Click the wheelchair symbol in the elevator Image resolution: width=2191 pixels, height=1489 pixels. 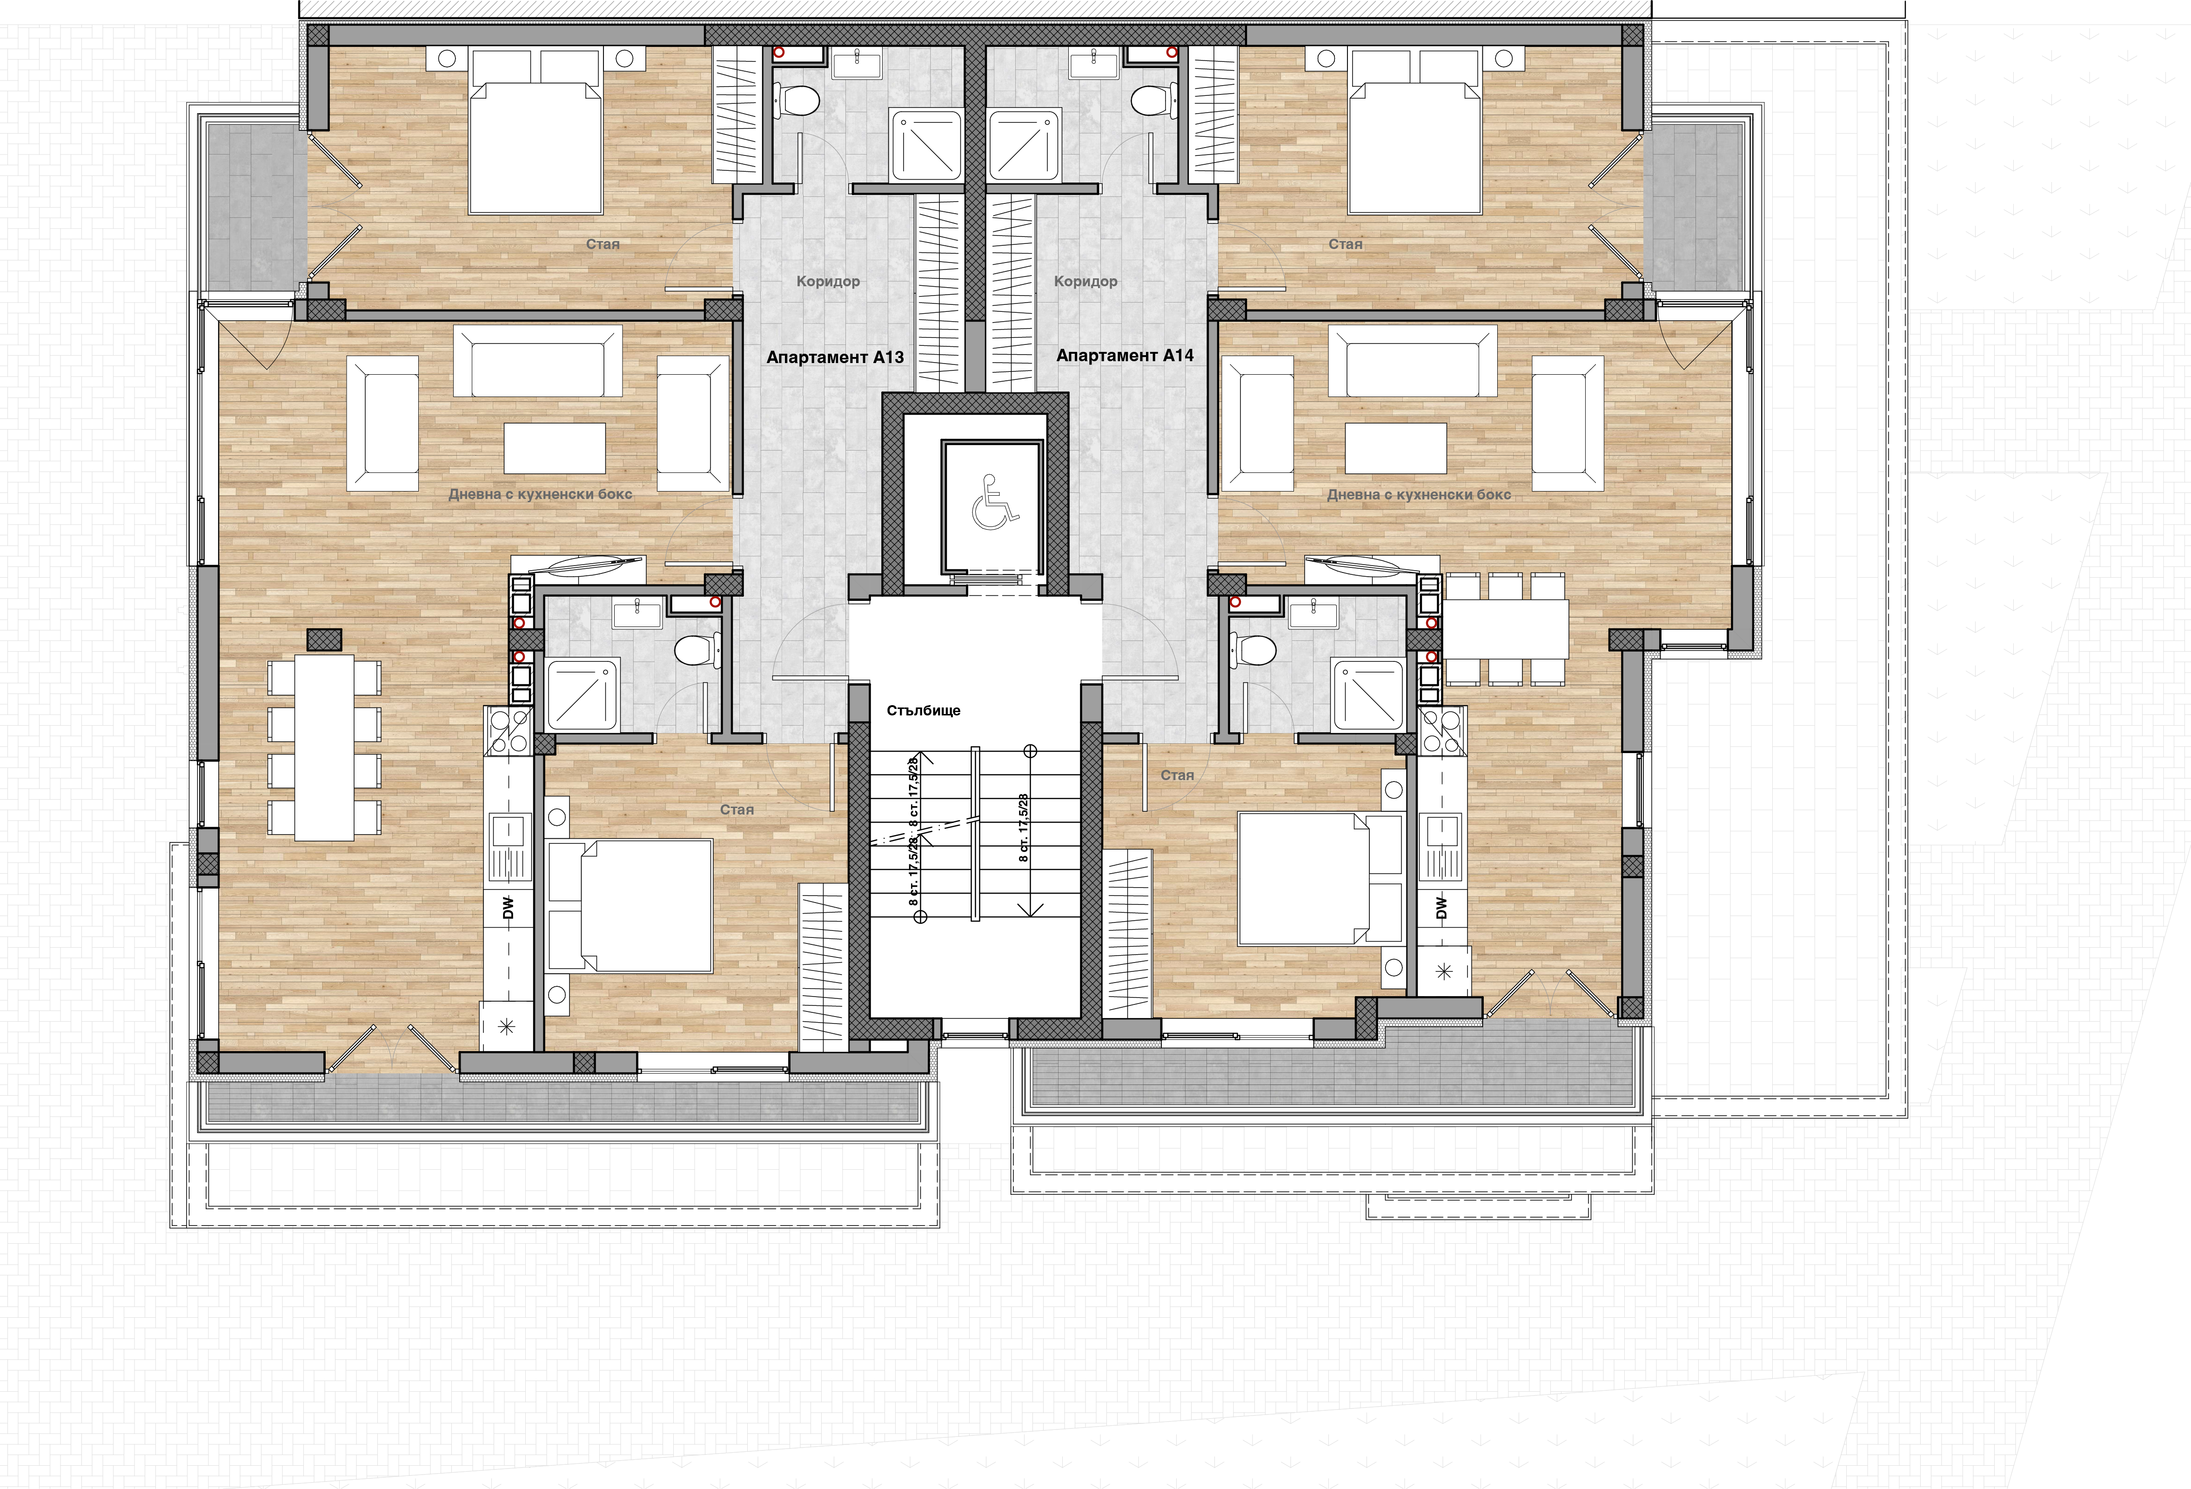tap(995, 502)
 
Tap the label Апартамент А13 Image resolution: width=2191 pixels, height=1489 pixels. tap(835, 357)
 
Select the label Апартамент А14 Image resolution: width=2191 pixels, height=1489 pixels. tap(1125, 356)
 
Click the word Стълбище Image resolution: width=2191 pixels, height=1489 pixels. tap(923, 710)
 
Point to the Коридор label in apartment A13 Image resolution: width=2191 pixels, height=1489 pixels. tap(828, 281)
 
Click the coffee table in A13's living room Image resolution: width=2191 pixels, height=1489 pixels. tap(554, 448)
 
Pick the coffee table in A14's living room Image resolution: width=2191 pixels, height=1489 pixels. tap(1395, 448)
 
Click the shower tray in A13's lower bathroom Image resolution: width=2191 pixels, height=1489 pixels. tap(583, 695)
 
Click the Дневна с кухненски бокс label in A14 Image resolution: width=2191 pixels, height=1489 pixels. tap(1419, 494)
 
